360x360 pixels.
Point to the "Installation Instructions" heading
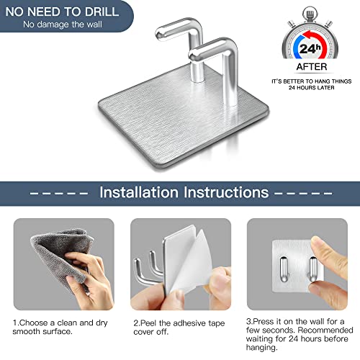coord(184,193)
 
